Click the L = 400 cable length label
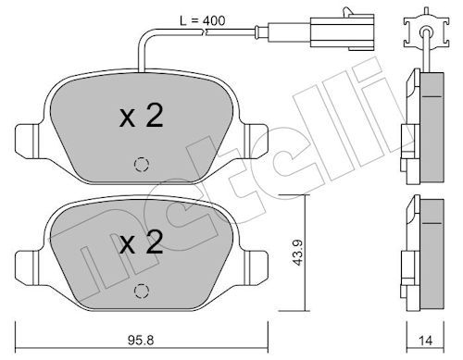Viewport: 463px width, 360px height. point(203,20)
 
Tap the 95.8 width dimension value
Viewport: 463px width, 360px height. point(141,341)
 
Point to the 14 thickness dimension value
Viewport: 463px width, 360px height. point(425,341)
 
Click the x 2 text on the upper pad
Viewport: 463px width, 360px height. point(142,116)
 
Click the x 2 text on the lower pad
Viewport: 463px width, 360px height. point(142,242)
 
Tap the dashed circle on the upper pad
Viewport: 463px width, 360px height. point(142,164)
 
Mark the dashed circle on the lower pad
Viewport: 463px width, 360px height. point(142,291)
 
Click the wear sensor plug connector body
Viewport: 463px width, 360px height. point(343,32)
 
